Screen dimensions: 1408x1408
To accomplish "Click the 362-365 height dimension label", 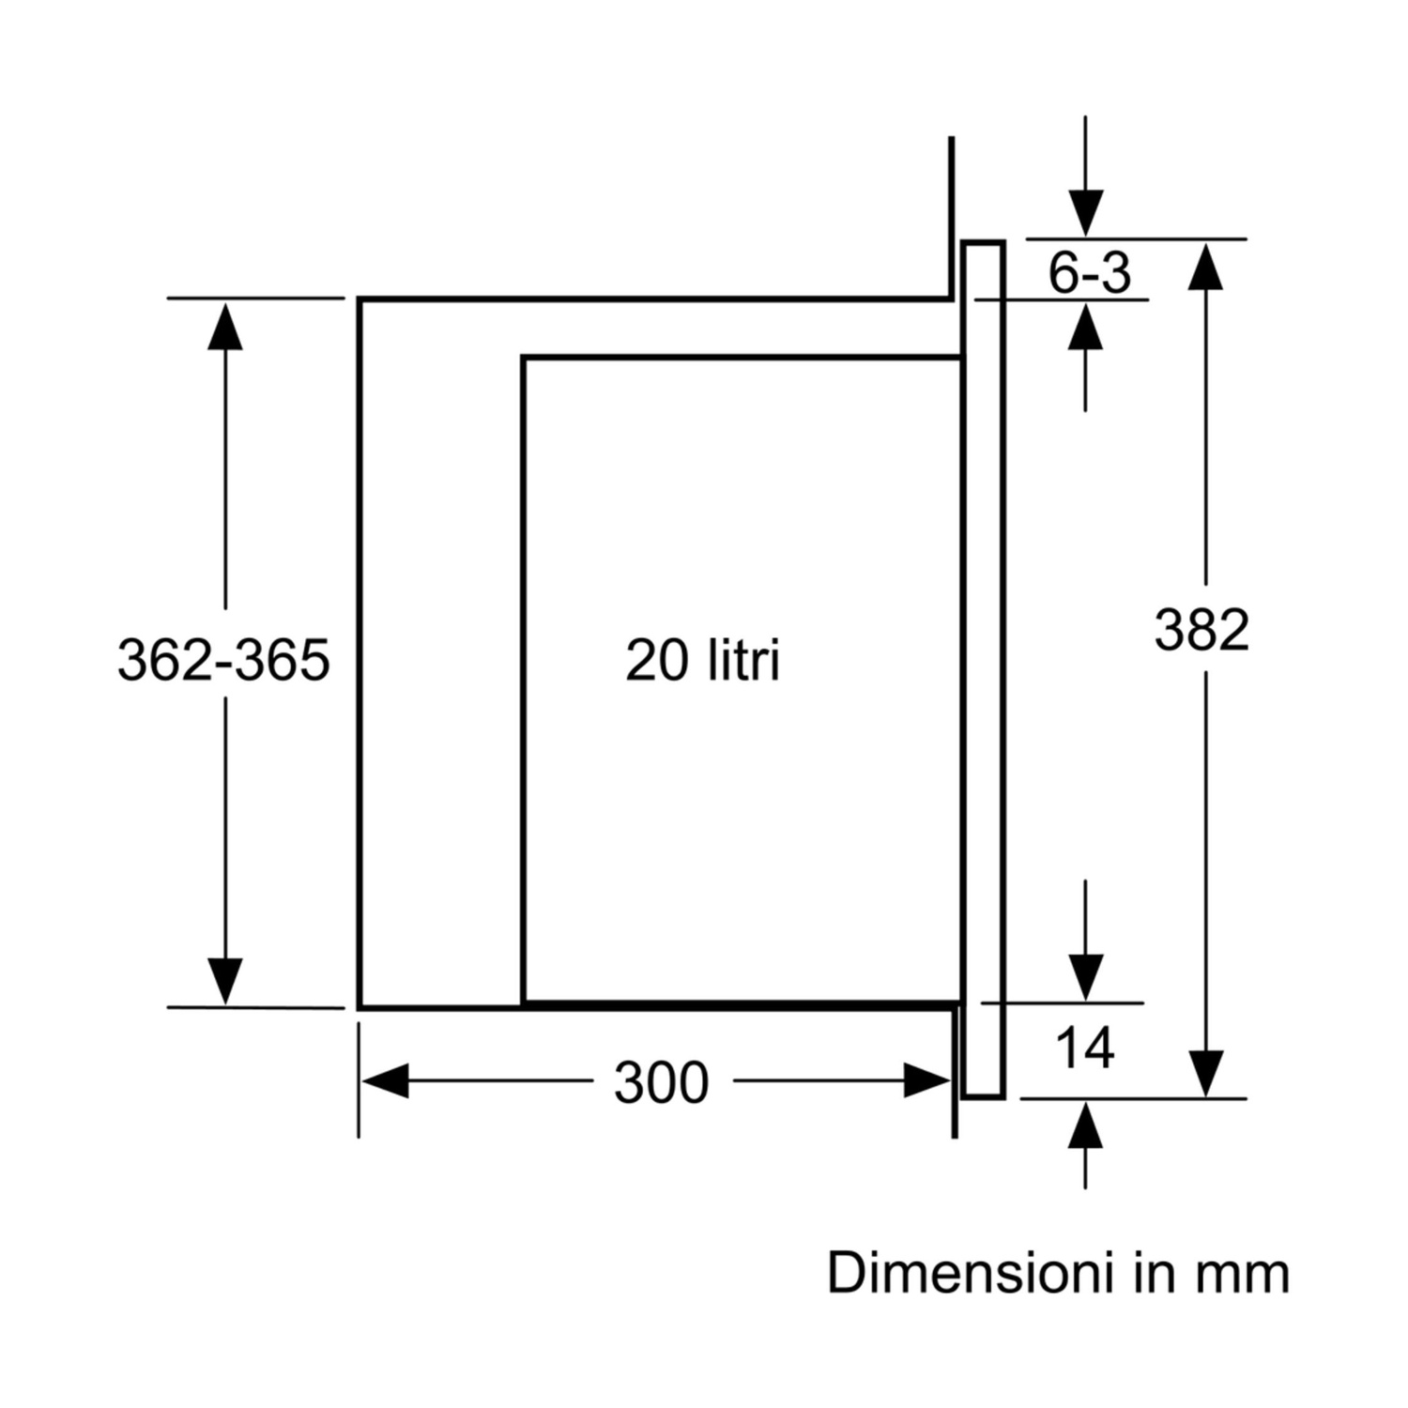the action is (223, 659).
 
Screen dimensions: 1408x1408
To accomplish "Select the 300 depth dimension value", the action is (661, 1082).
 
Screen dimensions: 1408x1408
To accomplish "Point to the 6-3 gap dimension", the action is (1089, 273).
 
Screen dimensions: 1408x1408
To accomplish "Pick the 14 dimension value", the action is (1085, 1048).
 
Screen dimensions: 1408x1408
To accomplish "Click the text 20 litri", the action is (702, 660).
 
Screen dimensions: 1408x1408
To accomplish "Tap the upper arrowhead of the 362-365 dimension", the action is (225, 325).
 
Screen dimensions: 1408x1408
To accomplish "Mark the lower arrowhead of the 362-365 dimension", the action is (225, 982).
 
